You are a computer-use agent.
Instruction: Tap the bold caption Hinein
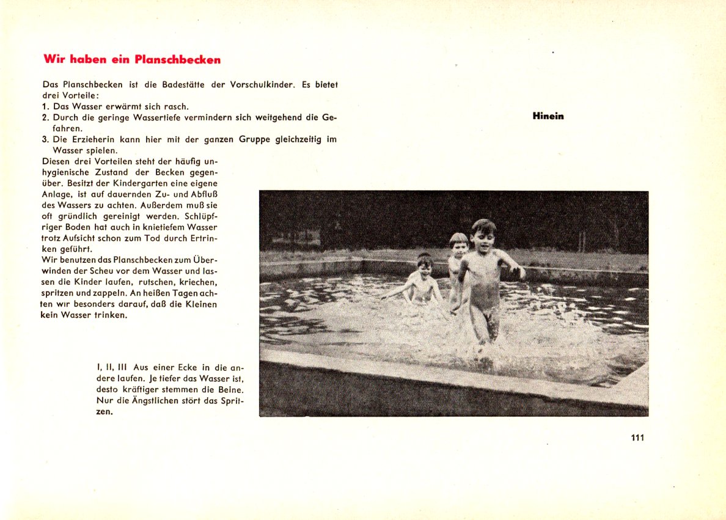coord(548,116)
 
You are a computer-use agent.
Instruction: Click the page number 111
coord(637,438)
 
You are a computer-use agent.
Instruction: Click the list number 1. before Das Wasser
coord(46,106)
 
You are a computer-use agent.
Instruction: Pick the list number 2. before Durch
coord(46,117)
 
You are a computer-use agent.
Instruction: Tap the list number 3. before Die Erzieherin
coord(46,139)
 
